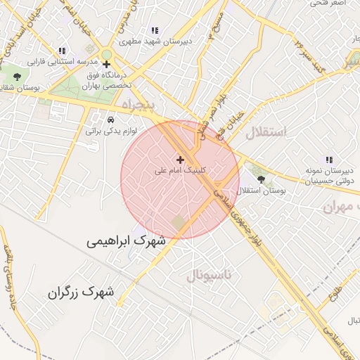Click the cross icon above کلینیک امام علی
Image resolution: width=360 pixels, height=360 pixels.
coord(180,160)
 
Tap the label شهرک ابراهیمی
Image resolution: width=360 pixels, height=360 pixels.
coord(127,240)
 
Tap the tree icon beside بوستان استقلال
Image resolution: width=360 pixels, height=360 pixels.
coord(260,179)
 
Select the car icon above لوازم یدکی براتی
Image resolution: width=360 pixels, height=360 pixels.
coord(110,120)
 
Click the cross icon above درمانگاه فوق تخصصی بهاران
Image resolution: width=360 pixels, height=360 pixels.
coord(107,64)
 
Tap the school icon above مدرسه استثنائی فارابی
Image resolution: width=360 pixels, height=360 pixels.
coord(62,51)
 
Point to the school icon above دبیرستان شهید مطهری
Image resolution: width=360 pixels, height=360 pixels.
coord(154,30)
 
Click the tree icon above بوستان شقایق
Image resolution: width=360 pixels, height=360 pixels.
coord(18,77)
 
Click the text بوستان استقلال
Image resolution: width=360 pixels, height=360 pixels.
coord(260,191)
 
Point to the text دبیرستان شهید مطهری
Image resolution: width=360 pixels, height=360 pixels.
coord(154,41)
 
